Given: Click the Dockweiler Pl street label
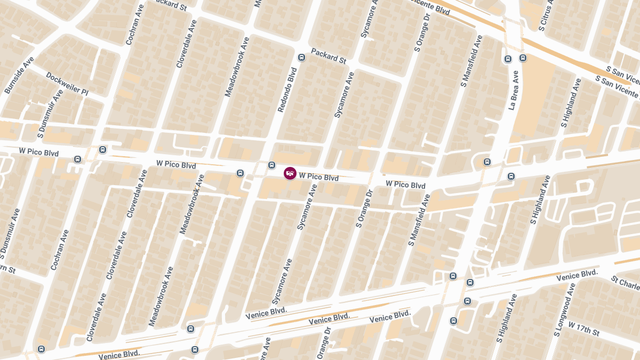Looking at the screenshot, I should [67, 84].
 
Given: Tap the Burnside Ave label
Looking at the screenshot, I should [19, 75].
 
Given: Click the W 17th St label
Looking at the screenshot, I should [584, 329].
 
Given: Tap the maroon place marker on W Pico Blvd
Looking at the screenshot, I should [290, 173].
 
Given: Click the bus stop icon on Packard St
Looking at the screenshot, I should [301, 58].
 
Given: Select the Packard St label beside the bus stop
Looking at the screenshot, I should [329, 55].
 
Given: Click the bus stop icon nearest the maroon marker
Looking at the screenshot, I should [271, 165].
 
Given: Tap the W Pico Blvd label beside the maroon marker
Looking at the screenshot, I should [319, 177].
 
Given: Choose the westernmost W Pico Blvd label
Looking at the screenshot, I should [38, 153].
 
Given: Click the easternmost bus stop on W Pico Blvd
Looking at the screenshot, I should [511, 176].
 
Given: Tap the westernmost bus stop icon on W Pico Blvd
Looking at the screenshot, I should [78, 159].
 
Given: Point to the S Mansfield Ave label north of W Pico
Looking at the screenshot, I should [471, 61].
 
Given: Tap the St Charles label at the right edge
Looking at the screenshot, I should [625, 282].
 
